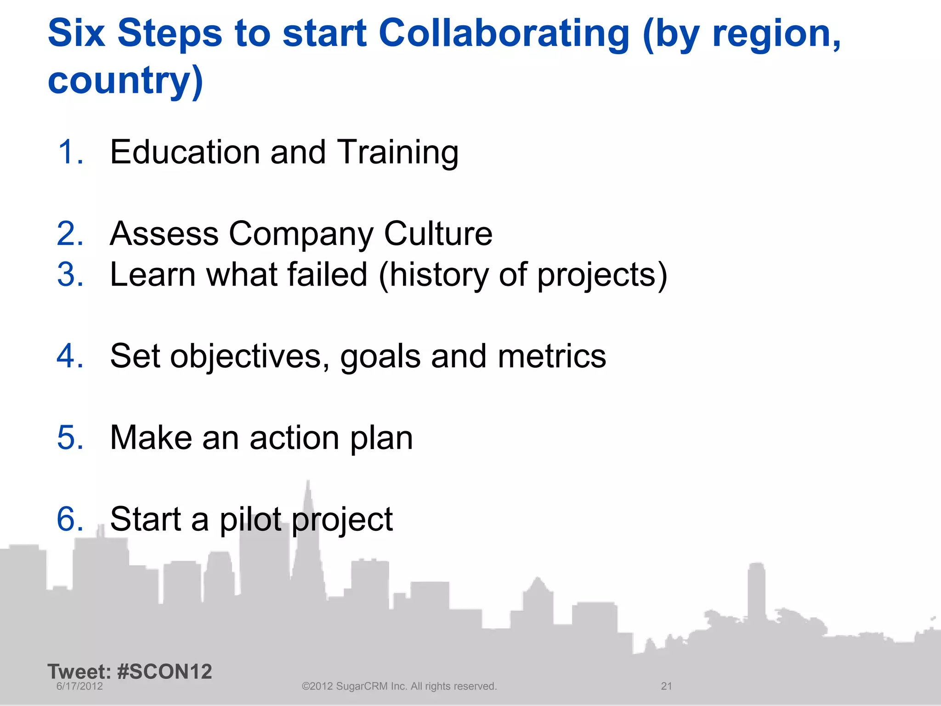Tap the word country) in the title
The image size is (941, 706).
pyautogui.click(x=125, y=80)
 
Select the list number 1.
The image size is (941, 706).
pyautogui.click(x=70, y=152)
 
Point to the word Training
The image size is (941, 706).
pyautogui.click(x=397, y=153)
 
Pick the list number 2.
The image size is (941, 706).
pyautogui.click(x=70, y=233)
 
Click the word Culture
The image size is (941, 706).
pyautogui.click(x=438, y=233)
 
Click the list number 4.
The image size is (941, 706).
pyautogui.click(x=70, y=356)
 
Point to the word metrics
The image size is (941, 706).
pyautogui.click(x=552, y=356)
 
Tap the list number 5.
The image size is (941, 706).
pyautogui.click(x=70, y=438)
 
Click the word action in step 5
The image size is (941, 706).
pyautogui.click(x=295, y=438)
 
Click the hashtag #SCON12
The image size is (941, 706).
pyautogui.click(x=164, y=672)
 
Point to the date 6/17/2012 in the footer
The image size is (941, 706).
pyautogui.click(x=79, y=686)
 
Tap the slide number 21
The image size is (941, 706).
pyautogui.click(x=666, y=686)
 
